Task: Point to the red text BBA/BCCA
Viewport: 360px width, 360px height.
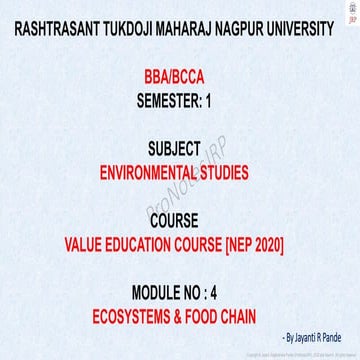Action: tap(180, 77)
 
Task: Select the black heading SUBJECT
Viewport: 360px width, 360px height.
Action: tap(180, 151)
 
